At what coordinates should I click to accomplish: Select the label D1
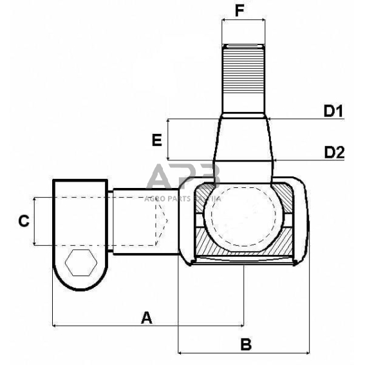coord(333,111)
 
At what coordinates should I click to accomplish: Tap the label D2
coord(334,153)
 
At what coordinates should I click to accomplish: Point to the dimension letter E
coord(156,140)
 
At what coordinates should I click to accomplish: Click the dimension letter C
coord(23,221)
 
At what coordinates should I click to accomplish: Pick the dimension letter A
coord(147,317)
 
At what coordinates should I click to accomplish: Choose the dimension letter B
coord(245,344)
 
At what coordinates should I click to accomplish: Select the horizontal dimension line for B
coord(212,353)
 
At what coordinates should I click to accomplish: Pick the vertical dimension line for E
coord(167,139)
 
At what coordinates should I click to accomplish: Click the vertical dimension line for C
coord(33,221)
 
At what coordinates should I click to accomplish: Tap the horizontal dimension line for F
coord(243,20)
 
